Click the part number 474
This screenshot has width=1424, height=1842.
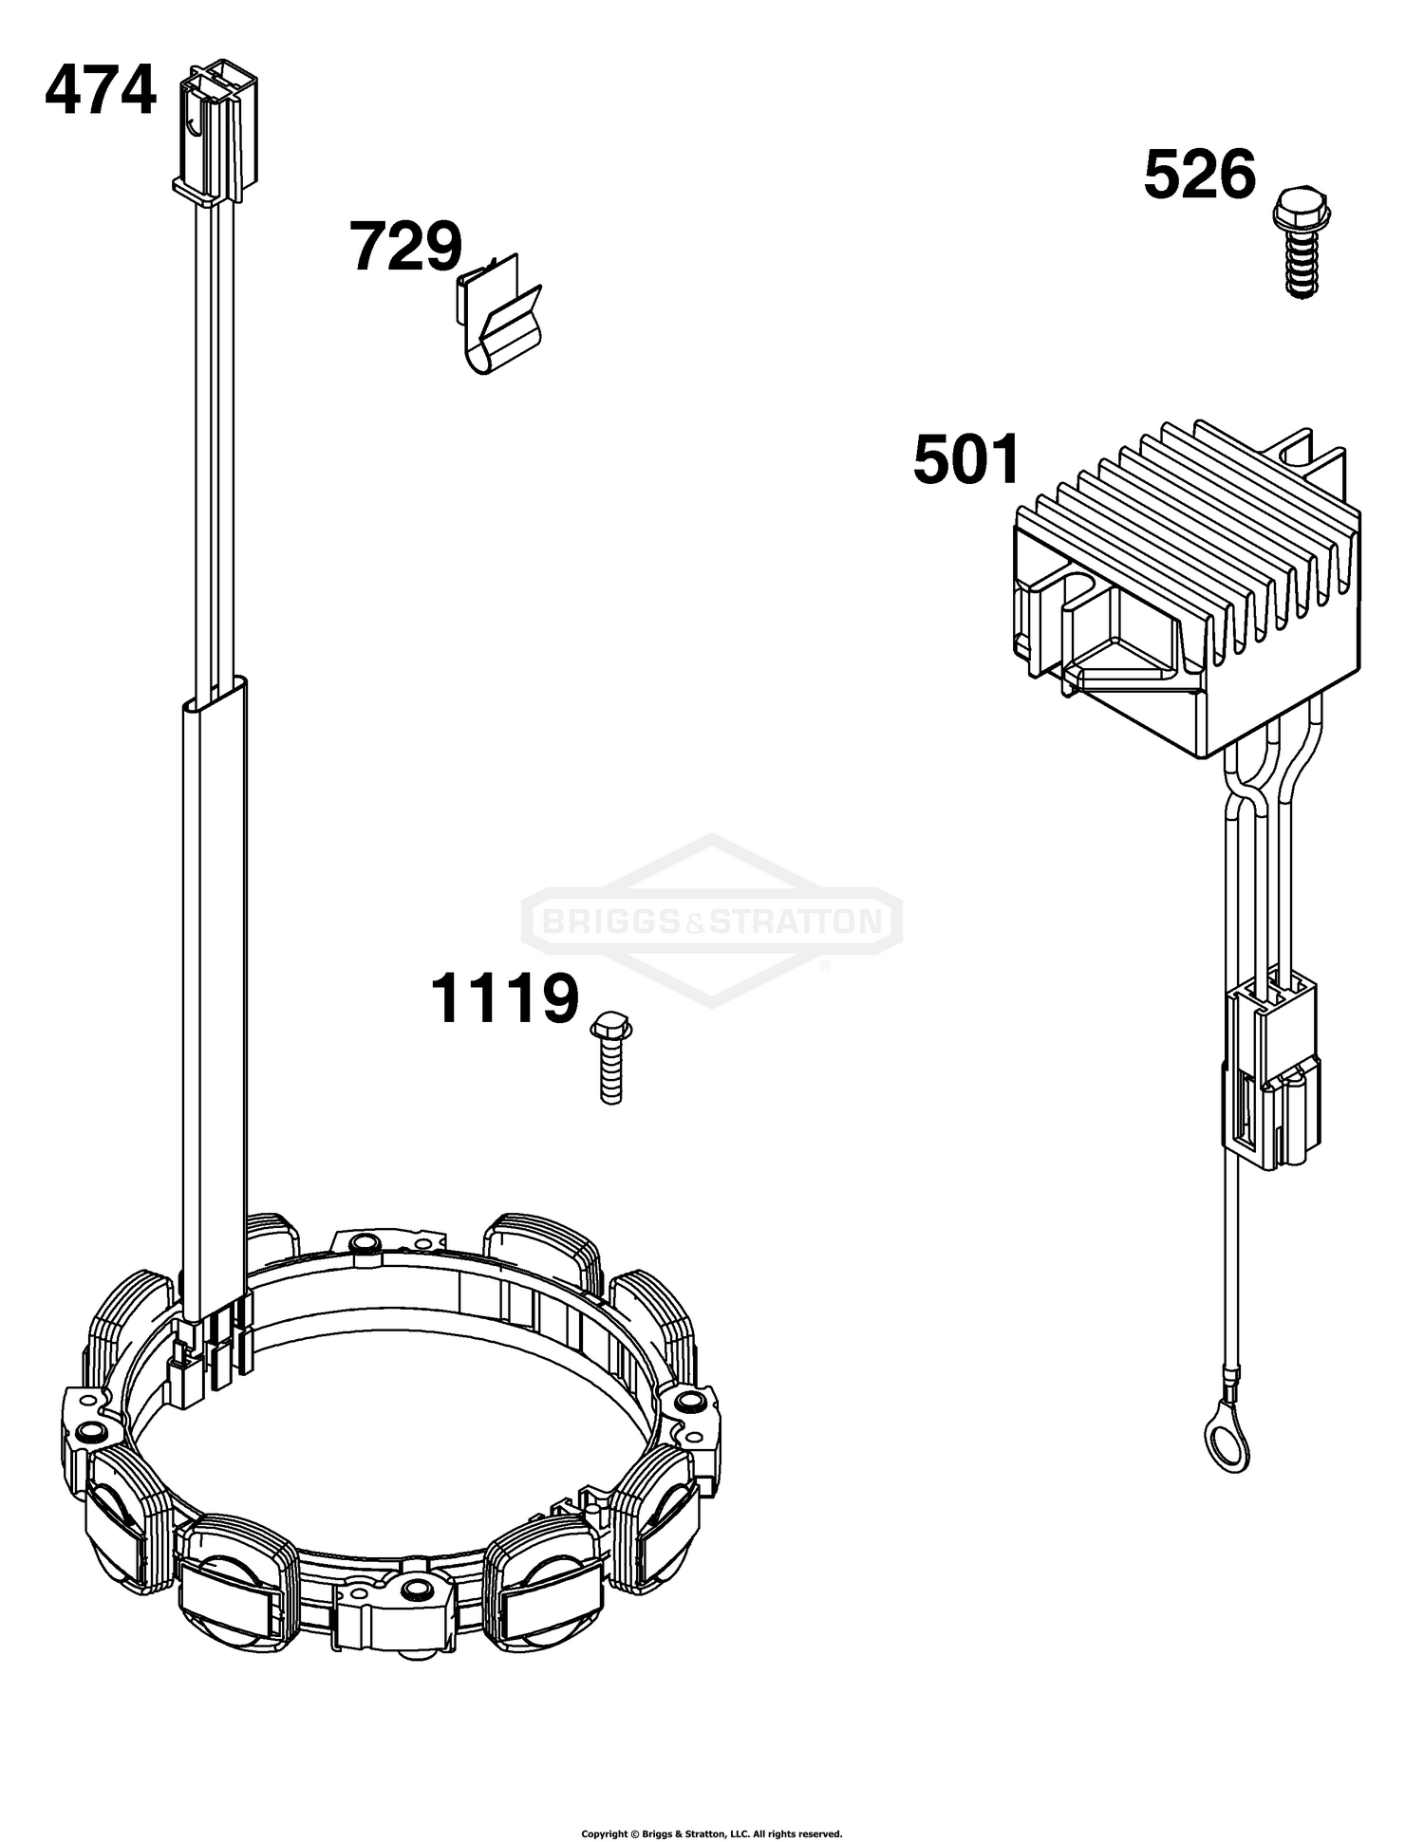coord(101,91)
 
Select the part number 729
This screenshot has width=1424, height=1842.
coord(406,246)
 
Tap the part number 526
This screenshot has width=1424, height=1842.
coord(1200,175)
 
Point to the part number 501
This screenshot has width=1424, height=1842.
coord(966,459)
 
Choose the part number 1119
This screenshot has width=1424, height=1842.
coord(504,998)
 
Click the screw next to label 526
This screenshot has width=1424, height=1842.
coord(1302,244)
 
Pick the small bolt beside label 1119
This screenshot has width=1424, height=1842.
coord(610,1057)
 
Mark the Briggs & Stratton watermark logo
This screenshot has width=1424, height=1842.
coord(712,920)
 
